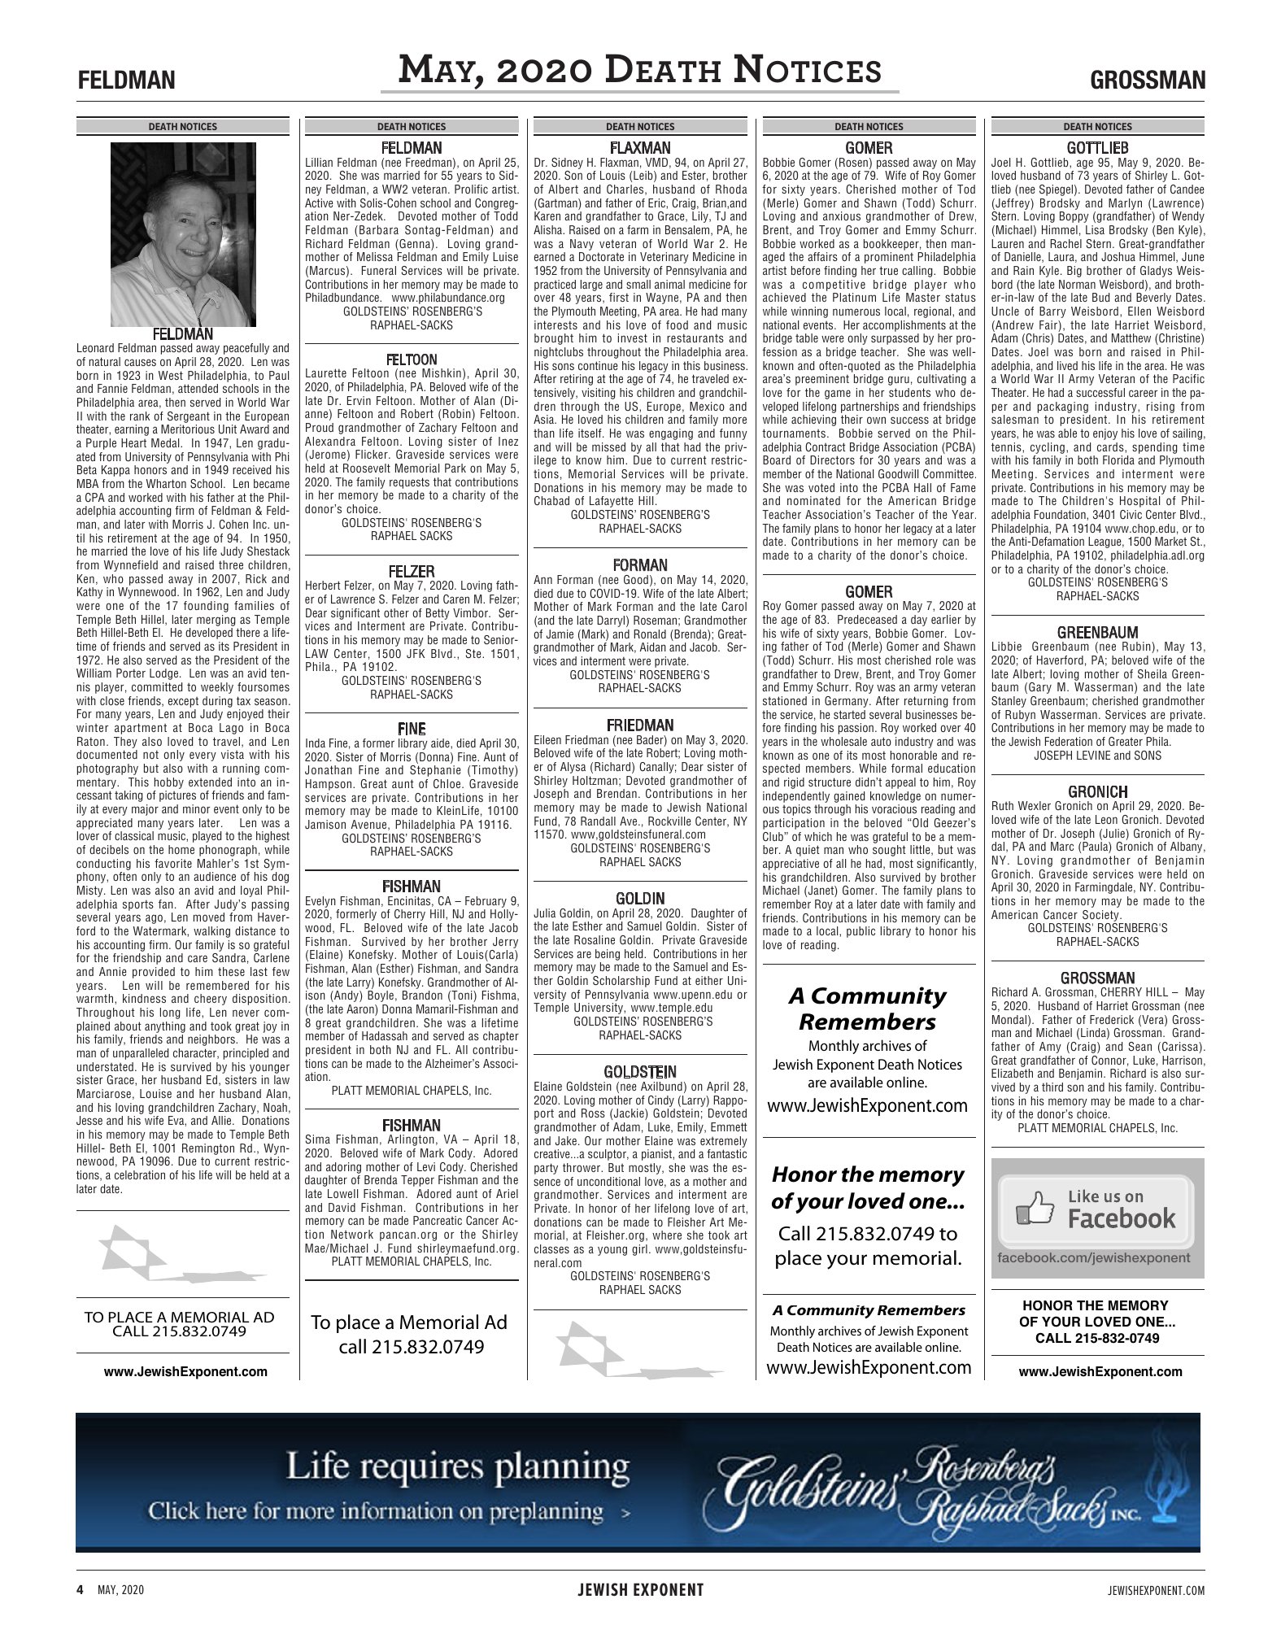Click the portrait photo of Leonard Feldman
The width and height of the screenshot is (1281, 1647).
(x=183, y=234)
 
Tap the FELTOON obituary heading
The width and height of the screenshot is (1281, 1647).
(x=412, y=359)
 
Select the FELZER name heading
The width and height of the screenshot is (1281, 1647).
(x=412, y=571)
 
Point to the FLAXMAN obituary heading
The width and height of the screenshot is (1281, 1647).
(x=640, y=148)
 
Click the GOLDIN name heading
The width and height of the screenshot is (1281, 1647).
(x=640, y=899)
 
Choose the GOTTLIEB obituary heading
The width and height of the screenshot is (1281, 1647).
(x=1097, y=148)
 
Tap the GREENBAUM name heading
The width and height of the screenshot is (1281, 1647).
(x=1097, y=633)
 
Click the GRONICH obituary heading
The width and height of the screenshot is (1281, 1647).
(x=1097, y=791)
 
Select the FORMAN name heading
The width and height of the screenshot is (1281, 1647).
(x=640, y=564)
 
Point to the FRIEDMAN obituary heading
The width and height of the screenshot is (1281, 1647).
(x=640, y=725)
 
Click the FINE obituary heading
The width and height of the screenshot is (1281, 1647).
(x=412, y=729)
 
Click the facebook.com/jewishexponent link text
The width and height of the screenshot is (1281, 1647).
(x=1094, y=1257)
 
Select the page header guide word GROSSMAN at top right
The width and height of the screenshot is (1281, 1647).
(x=1148, y=81)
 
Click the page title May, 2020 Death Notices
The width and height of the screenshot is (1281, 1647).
(x=639, y=71)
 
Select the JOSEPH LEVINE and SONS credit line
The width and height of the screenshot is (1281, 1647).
(x=1097, y=755)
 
